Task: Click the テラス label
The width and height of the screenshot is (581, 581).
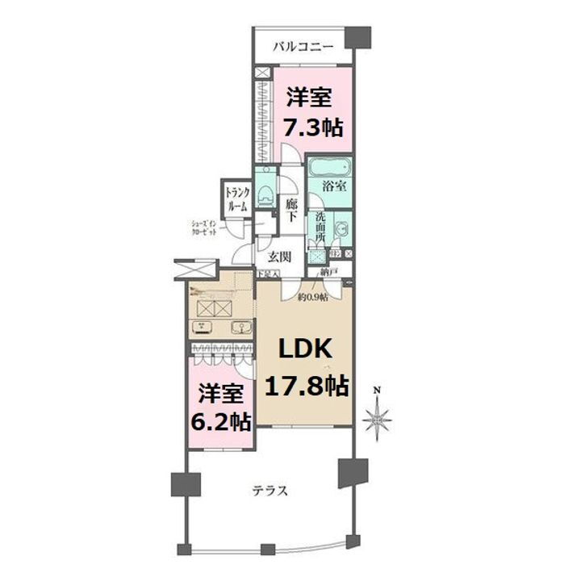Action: coord(270,490)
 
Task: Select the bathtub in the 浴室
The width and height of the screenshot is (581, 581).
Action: coord(330,170)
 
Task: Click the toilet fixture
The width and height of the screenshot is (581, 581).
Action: coord(265,194)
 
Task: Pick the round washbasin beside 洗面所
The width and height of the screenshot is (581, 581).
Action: coord(342,228)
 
